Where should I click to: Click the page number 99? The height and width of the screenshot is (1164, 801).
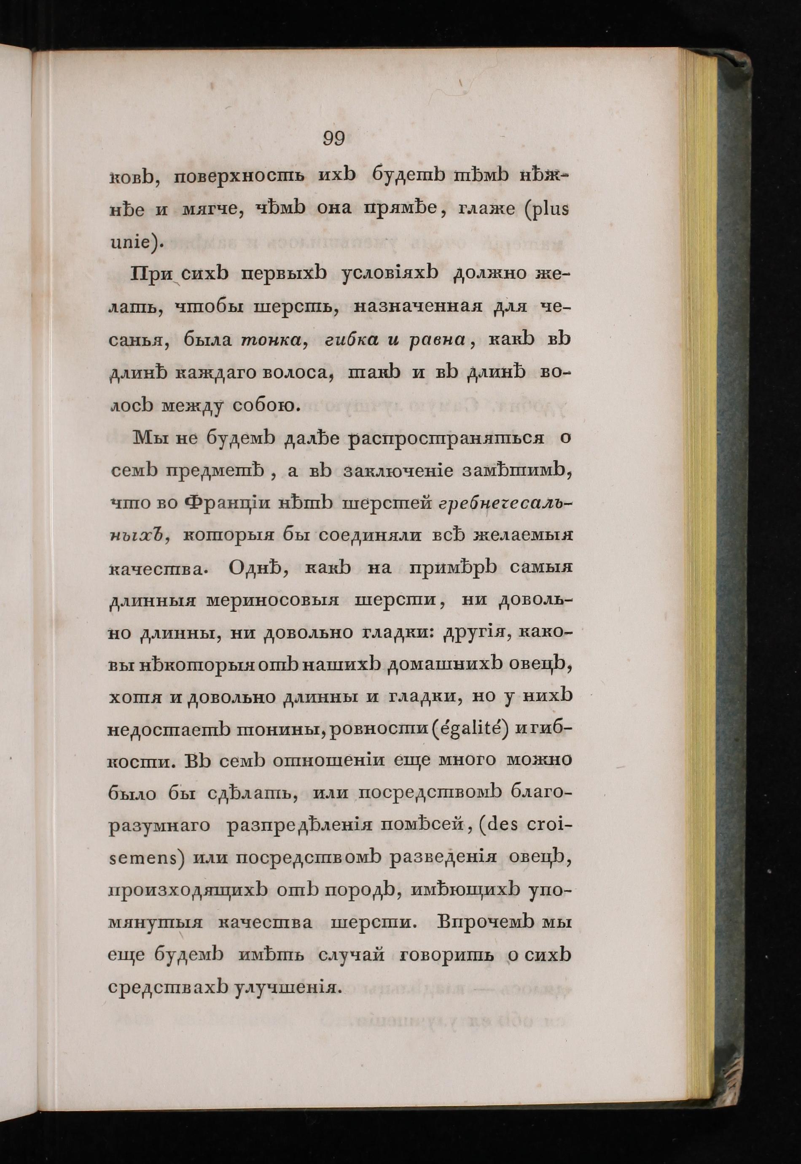tap(334, 138)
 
